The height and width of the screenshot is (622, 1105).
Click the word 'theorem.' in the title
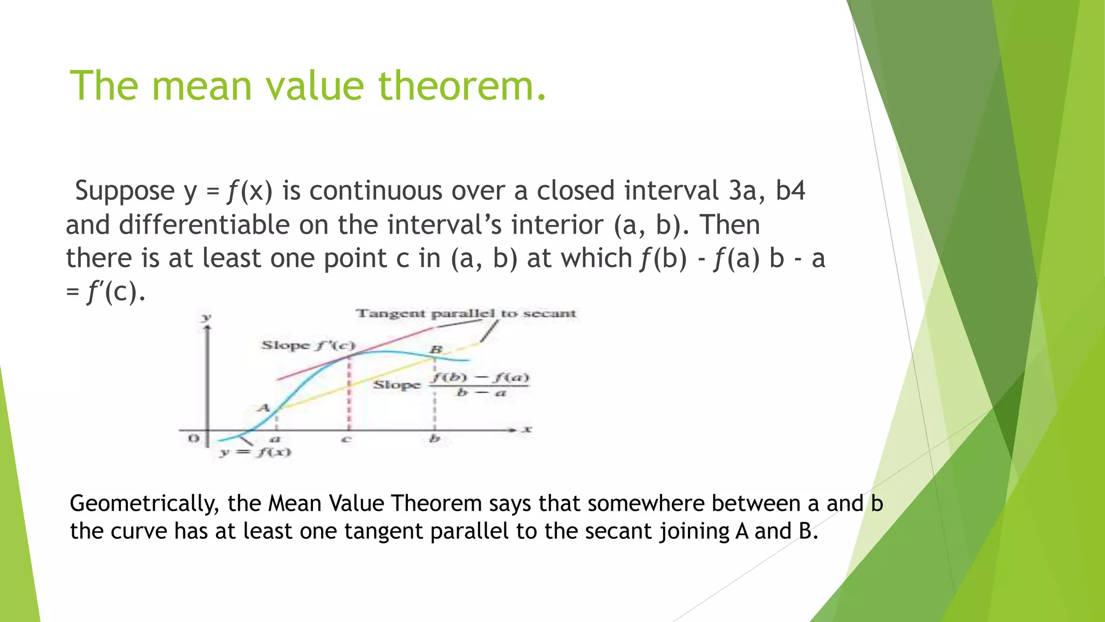tap(462, 86)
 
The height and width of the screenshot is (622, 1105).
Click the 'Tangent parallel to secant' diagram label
tap(466, 314)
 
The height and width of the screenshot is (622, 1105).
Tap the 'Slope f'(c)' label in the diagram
tap(308, 345)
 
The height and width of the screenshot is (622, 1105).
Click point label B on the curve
tap(436, 350)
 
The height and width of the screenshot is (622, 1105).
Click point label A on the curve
tap(263, 408)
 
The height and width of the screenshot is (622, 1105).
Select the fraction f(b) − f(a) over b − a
tap(479, 384)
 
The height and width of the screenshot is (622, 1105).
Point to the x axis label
tap(527, 429)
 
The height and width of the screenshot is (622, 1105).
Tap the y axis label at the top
tap(206, 317)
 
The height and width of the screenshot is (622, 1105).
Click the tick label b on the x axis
tap(434, 439)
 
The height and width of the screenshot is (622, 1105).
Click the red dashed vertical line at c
tap(349, 394)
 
